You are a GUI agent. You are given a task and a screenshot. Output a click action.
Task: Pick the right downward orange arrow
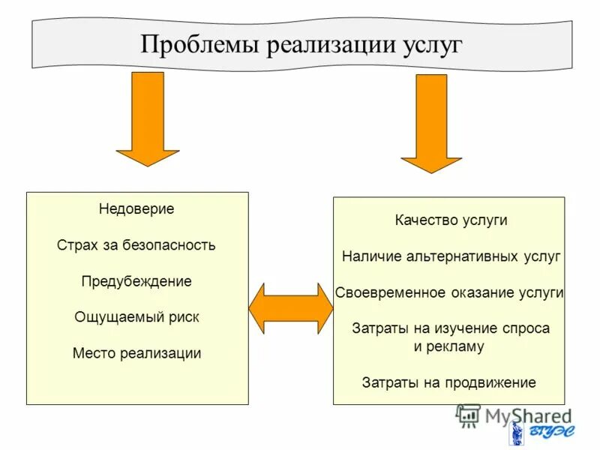(x=431, y=122)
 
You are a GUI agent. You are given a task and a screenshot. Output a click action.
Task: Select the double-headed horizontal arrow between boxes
(x=290, y=307)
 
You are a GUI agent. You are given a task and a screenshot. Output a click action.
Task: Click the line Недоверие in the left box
(x=136, y=209)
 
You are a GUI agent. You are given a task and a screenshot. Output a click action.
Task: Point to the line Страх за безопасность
(x=136, y=245)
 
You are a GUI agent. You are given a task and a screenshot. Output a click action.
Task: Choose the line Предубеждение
(x=136, y=281)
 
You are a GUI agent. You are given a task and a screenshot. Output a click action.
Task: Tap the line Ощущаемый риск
(x=136, y=316)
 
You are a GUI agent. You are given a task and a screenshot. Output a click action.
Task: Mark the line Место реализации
(x=136, y=352)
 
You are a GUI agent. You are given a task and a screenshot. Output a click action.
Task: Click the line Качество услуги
(x=451, y=220)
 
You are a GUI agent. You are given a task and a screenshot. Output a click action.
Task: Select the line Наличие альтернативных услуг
(x=451, y=256)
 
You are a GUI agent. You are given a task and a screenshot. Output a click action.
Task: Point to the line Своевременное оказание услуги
(x=449, y=292)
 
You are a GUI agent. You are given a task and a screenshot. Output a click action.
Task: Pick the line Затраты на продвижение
(x=449, y=382)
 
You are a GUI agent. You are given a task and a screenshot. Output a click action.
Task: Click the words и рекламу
(x=449, y=346)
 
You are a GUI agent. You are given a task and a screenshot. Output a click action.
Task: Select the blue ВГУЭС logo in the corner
(x=540, y=433)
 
